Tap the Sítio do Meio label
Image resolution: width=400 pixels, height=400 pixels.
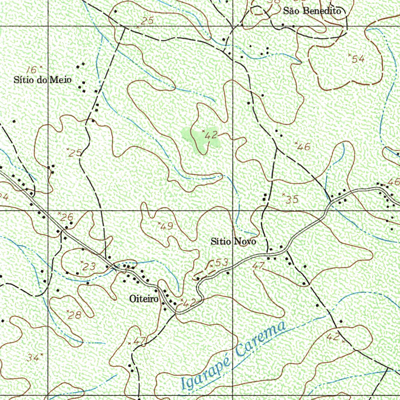pos(43,80)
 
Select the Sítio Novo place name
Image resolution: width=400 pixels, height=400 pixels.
pos(233,241)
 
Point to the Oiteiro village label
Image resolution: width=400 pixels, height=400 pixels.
pos(144,299)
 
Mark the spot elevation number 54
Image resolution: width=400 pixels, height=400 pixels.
pos(358,59)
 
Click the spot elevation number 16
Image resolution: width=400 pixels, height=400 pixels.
pos(33,70)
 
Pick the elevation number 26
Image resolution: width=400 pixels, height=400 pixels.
pos(66,217)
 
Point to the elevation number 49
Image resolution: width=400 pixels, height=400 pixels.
pos(166,226)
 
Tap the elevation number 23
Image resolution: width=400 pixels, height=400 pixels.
pos(89,266)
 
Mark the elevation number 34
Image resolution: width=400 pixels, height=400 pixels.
pos(33,357)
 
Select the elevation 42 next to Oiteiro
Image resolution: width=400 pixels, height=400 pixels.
pos(190,303)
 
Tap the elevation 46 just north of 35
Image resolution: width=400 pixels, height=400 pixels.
pos(304,147)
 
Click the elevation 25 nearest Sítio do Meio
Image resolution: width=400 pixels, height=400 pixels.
pos(75,153)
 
